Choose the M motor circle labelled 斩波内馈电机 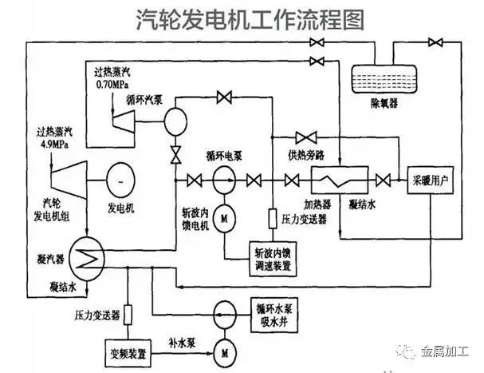click(x=224, y=217)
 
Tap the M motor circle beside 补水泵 click(x=224, y=349)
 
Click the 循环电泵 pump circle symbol click(x=224, y=179)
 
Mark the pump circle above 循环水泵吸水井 click(x=224, y=310)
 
